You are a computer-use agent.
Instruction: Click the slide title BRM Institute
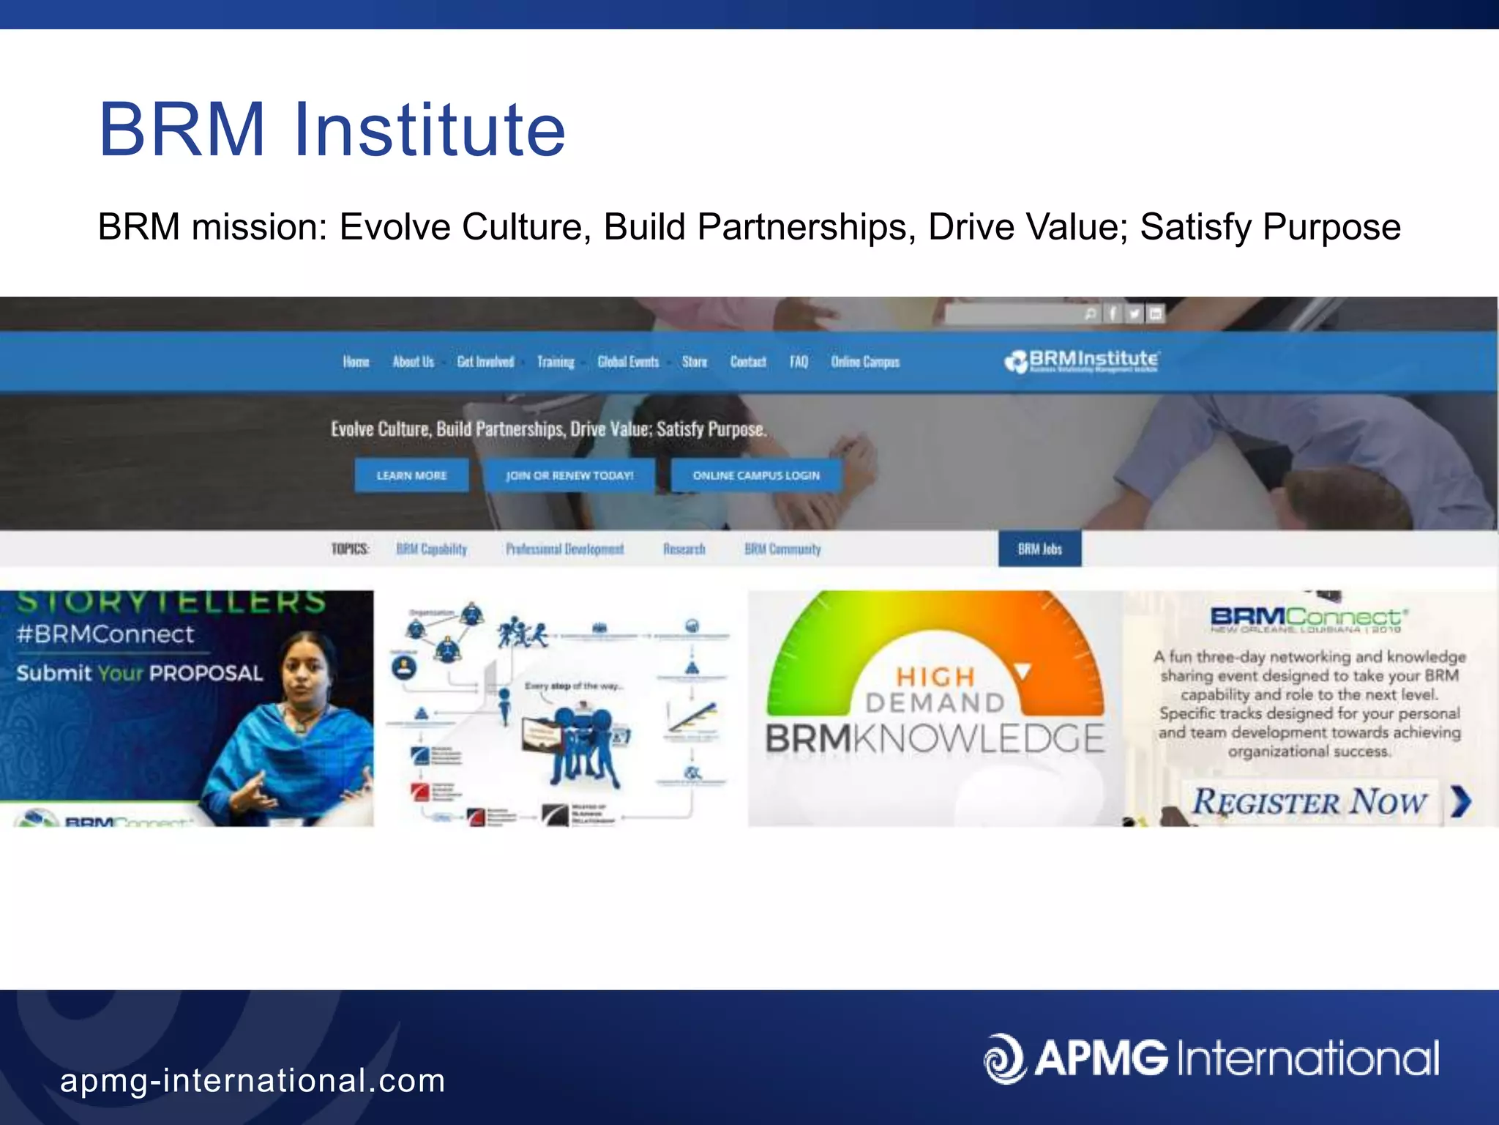point(332,130)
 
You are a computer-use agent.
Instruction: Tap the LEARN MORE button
point(411,475)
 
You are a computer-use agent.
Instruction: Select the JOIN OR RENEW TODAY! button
point(569,475)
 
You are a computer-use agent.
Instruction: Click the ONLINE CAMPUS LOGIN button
point(756,475)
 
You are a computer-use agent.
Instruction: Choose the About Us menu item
point(413,362)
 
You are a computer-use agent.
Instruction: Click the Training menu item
point(556,362)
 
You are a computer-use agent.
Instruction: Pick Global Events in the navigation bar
point(628,362)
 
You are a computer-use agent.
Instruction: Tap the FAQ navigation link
point(799,362)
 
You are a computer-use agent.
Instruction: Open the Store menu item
point(695,362)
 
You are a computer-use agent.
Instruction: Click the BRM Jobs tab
point(1039,549)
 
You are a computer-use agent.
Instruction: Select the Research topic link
point(684,549)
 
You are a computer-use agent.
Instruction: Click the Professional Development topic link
point(565,549)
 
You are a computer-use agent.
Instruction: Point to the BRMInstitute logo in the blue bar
point(1082,360)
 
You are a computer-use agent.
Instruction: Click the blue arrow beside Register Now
point(1460,801)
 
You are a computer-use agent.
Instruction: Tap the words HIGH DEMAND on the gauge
point(935,689)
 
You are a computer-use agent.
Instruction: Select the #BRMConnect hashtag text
point(105,634)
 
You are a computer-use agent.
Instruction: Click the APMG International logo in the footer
point(1211,1058)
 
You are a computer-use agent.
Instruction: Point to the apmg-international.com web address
point(253,1081)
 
